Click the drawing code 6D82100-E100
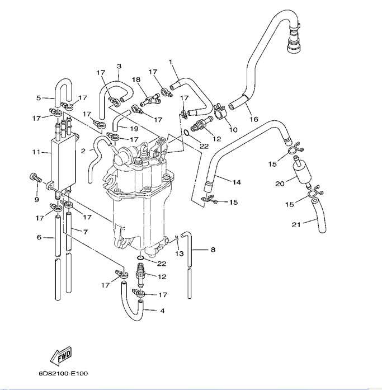63,373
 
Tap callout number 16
254,119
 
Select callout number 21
296,225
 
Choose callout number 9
36,200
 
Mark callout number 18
136,80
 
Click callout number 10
234,130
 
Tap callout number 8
212,250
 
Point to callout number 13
180,253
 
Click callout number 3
119,67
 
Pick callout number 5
39,98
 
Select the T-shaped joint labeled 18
150,99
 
